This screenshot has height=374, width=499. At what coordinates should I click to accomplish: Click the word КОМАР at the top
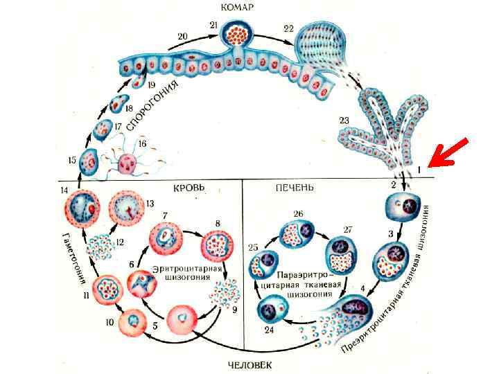click(x=237, y=8)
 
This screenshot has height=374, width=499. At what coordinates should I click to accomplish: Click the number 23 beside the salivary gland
click(x=344, y=121)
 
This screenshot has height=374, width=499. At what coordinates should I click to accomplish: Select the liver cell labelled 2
click(x=399, y=208)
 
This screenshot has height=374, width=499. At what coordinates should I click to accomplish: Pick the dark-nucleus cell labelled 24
click(x=272, y=310)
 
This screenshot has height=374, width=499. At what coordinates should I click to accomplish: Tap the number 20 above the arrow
click(x=182, y=35)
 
